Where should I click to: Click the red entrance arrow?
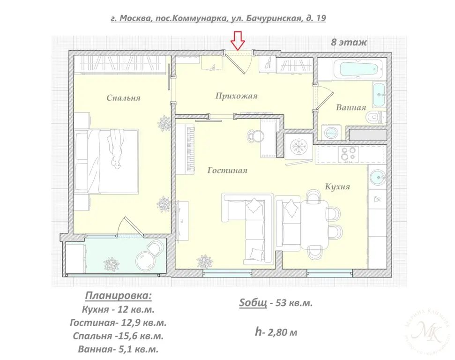pyautogui.click(x=239, y=40)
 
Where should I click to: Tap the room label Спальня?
pyautogui.click(x=123, y=98)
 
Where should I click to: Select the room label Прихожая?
pyautogui.click(x=237, y=96)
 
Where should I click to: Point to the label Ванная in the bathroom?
pyautogui.click(x=351, y=108)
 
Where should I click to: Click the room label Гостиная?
pyautogui.click(x=227, y=171)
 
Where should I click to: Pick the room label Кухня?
pyautogui.click(x=337, y=187)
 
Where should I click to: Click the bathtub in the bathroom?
pyautogui.click(x=358, y=70)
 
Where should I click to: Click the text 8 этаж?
pyautogui.click(x=349, y=42)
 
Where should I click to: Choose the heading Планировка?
pyautogui.click(x=118, y=296)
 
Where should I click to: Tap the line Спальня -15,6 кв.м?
pyautogui.click(x=118, y=336)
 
